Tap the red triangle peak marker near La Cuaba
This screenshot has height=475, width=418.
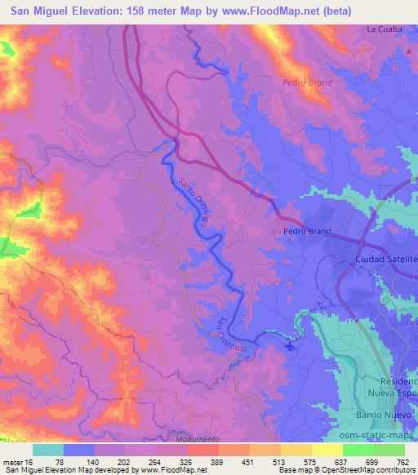coord(408,51)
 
